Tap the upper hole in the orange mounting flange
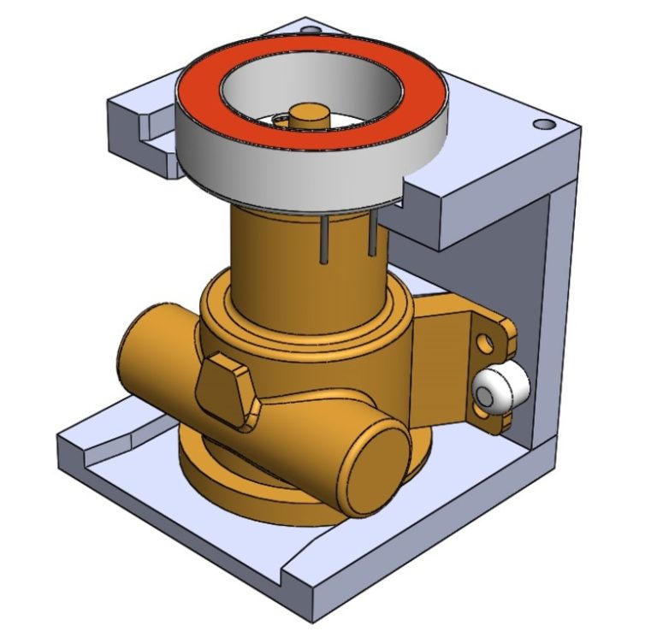tap(487, 343)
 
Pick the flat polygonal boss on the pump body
tap(224, 386)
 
